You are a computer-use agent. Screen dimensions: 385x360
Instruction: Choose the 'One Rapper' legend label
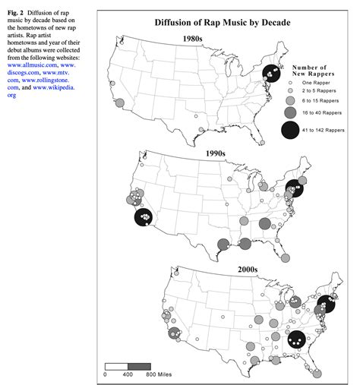pos(318,90)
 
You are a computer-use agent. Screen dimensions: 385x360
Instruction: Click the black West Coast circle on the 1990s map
pos(143,217)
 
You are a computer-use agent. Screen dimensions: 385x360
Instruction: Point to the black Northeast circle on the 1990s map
pos(295,190)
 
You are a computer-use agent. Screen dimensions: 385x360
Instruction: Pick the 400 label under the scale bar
pos(128,374)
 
